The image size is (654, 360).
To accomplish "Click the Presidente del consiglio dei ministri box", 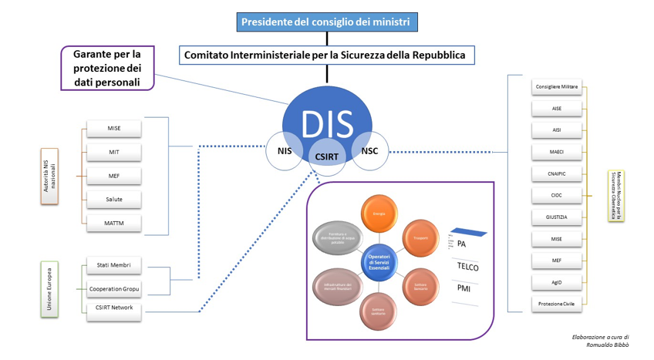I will (327, 22).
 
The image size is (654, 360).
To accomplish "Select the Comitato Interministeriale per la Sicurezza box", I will (327, 56).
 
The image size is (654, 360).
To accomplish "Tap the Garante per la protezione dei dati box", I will (107, 69).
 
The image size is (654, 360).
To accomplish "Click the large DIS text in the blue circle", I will (327, 124).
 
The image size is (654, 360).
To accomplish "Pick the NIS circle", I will (284, 152).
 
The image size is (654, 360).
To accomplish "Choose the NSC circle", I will (369, 151).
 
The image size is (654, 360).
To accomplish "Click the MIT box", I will (113, 152).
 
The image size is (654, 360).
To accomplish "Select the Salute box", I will (113, 200).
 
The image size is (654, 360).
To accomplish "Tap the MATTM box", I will (113, 224).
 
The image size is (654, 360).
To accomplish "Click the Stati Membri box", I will (113, 265).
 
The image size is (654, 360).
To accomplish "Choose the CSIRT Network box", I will (113, 308).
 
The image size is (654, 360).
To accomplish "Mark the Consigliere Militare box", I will (557, 86).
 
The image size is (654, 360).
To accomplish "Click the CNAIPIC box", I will (557, 173).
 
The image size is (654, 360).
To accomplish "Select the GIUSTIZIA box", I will (557, 217).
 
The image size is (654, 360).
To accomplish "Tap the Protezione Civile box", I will (557, 304).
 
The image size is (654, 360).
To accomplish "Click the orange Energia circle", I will (379, 214).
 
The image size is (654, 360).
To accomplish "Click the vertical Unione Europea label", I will (49, 290).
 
